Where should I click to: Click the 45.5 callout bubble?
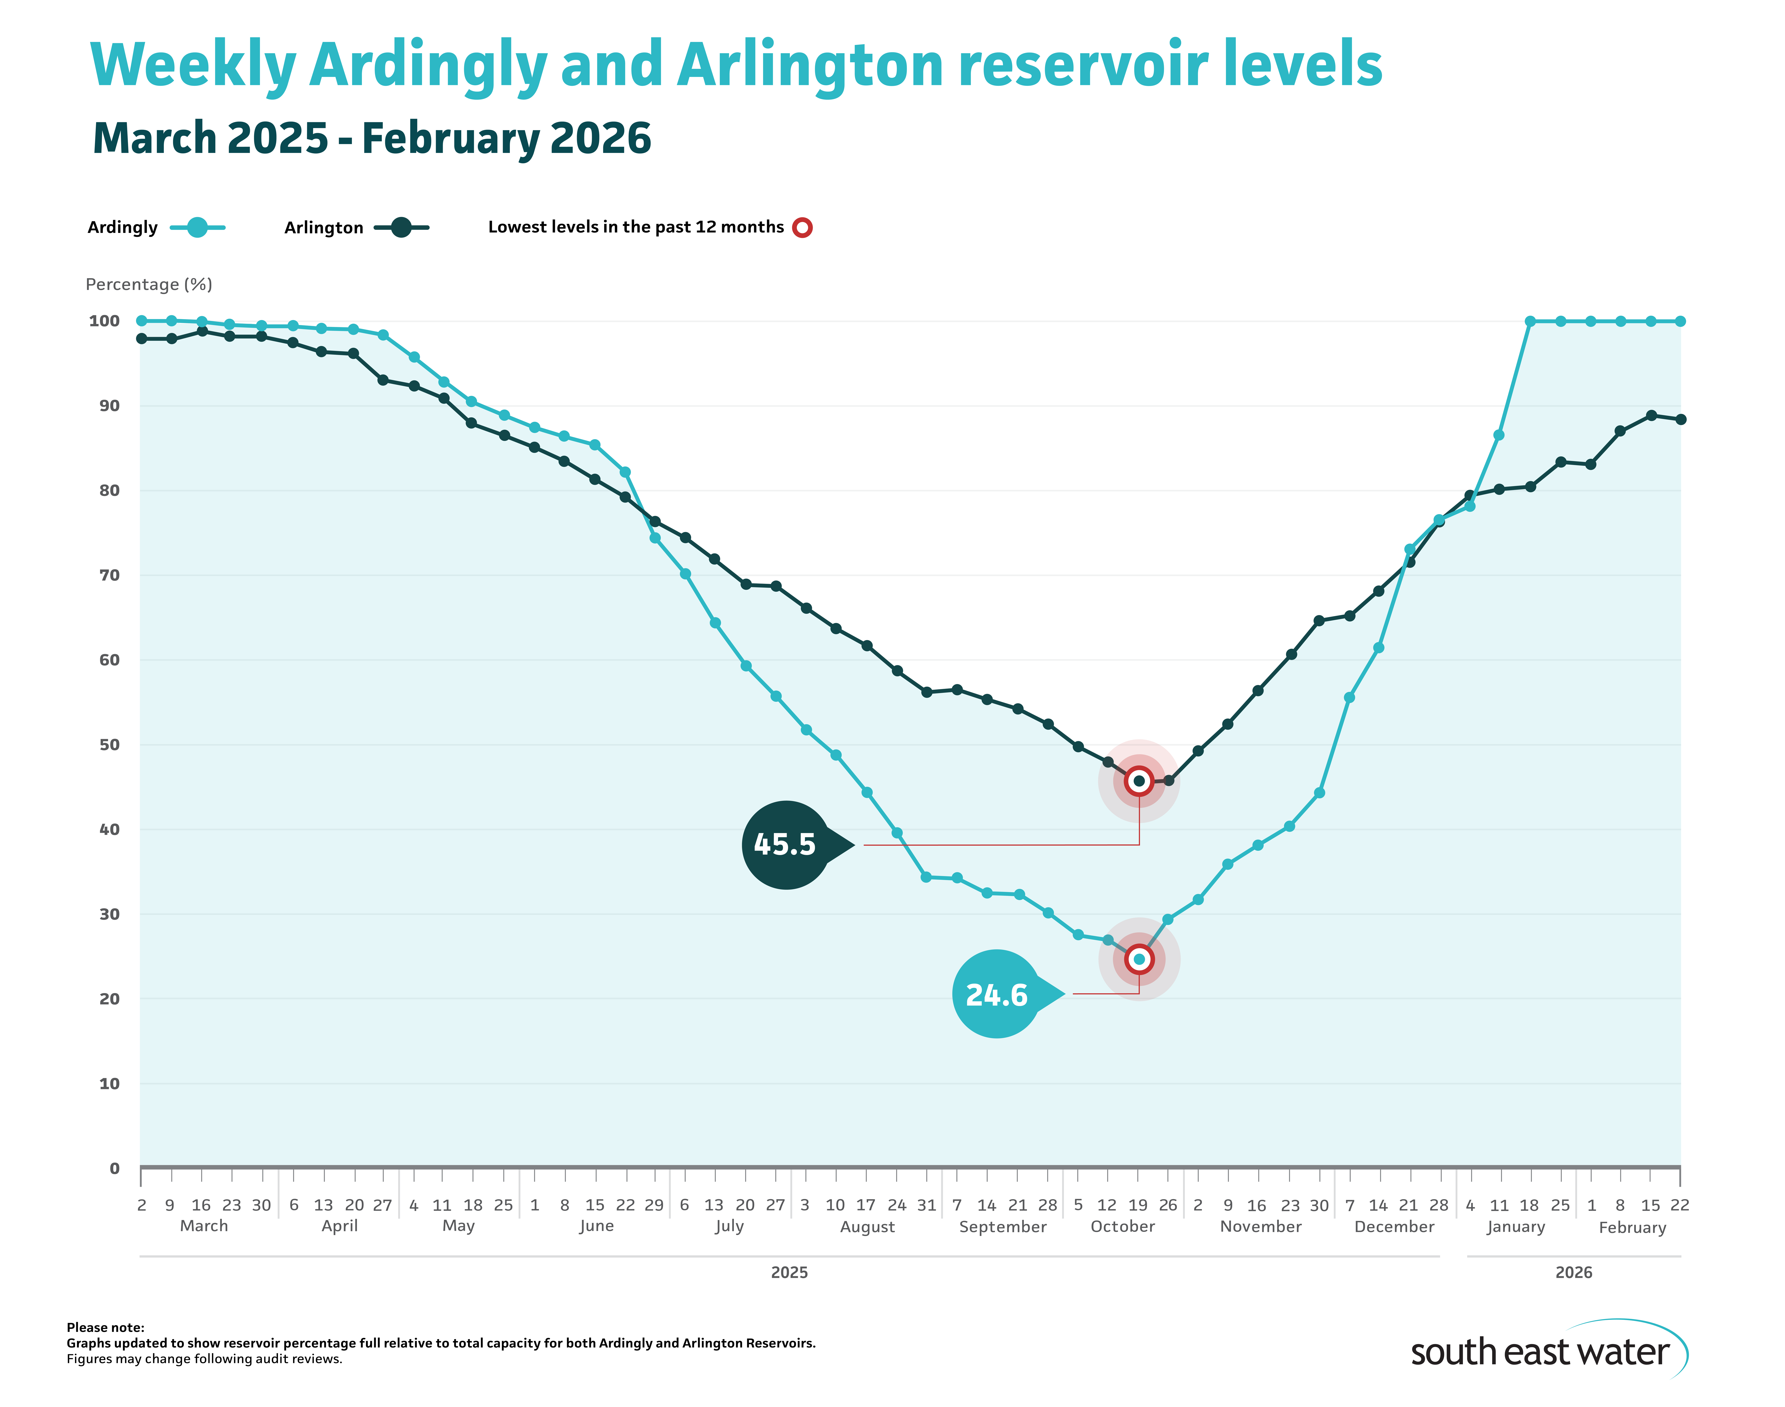point(785,844)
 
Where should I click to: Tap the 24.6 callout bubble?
point(996,994)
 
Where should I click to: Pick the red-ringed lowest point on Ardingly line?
point(1139,959)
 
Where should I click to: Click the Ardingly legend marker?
point(197,227)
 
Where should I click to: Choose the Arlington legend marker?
point(401,227)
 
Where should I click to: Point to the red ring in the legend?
point(802,227)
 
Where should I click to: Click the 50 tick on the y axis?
point(110,745)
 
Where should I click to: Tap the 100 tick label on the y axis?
point(105,321)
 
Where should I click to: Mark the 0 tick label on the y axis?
point(115,1168)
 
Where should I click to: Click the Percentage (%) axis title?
point(149,284)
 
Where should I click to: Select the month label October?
point(1122,1227)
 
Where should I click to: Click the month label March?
point(204,1226)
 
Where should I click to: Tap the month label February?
point(1632,1228)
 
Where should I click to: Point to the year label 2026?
point(1573,1273)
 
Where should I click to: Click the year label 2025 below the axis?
point(789,1273)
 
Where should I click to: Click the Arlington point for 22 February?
point(1680,419)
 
